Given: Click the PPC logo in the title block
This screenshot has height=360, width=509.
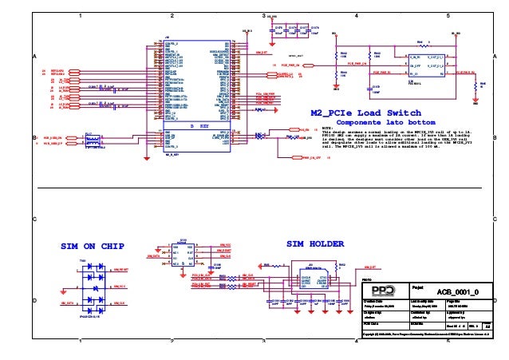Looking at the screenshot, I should pos(389,290).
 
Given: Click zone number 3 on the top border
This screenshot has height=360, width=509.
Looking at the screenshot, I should pos(263,15).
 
